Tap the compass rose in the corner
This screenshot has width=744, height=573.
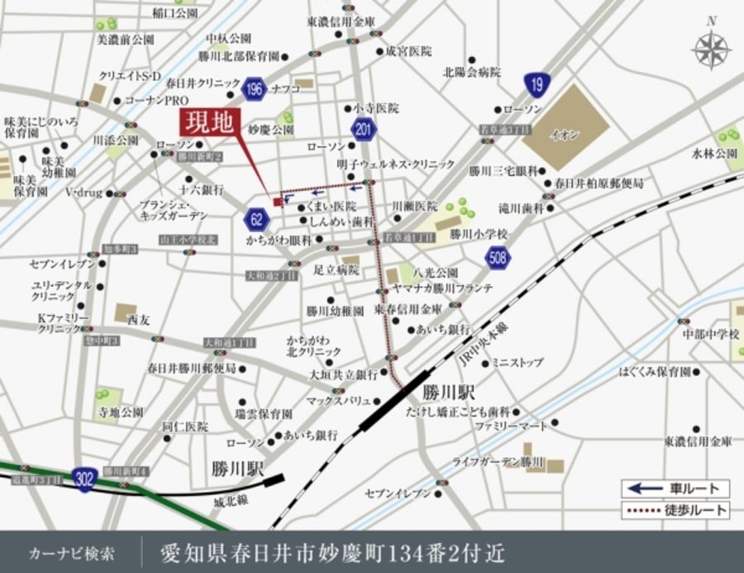pos(711,49)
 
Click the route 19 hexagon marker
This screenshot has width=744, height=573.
pos(537,84)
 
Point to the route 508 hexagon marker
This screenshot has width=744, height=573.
pos(498,259)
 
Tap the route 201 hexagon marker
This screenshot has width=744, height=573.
pos(363,130)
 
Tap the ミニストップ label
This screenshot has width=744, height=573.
pos(517,362)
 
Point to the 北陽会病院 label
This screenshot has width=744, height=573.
pos(472,72)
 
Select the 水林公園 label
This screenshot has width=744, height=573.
pos(714,154)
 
